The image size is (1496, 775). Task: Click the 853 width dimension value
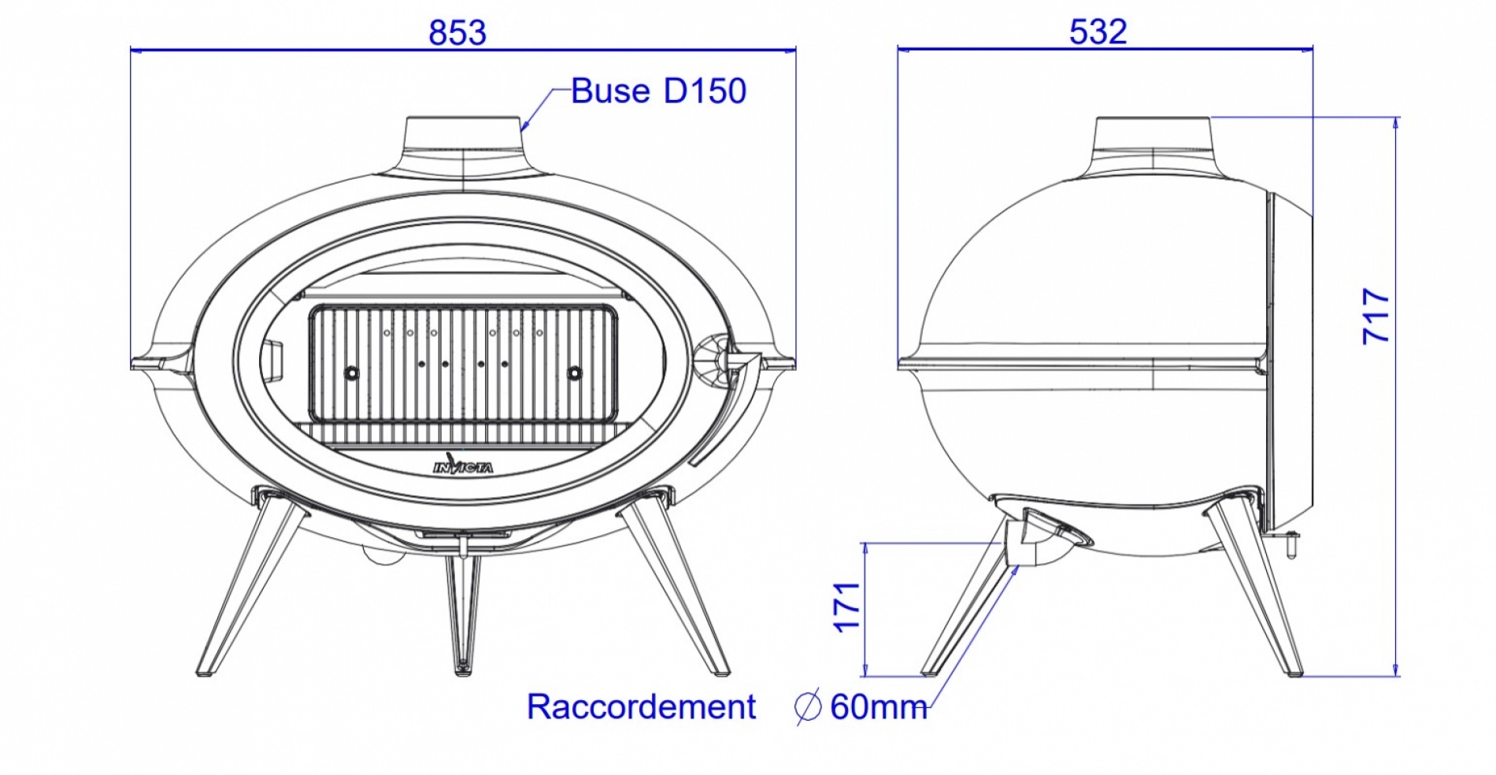pyautogui.click(x=457, y=33)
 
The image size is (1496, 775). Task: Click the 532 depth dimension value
pyautogui.click(x=1098, y=32)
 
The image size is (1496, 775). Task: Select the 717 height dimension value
pyautogui.click(x=1376, y=316)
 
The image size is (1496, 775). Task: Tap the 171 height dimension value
pyautogui.click(x=847, y=607)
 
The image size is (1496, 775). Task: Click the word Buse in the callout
pyautogui.click(x=610, y=91)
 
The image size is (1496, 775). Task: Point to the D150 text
pyautogui.click(x=705, y=91)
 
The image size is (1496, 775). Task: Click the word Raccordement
pyautogui.click(x=641, y=706)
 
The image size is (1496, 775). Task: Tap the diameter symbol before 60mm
pyautogui.click(x=808, y=706)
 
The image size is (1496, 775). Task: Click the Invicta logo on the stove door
pyautogui.click(x=463, y=466)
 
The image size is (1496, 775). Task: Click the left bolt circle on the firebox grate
pyautogui.click(x=351, y=373)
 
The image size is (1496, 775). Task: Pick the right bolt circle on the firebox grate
pyautogui.click(x=575, y=373)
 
